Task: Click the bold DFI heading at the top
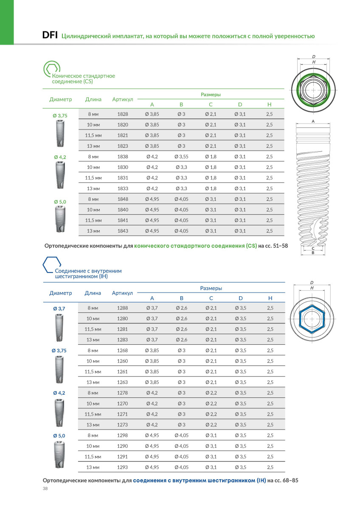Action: coord(51,35)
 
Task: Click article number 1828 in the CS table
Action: coord(123,114)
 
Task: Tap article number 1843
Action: coord(123,231)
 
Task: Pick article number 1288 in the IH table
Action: coord(123,308)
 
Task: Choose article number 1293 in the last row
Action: coord(123,467)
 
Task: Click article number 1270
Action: coord(123,403)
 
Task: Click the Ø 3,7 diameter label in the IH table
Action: coord(59,309)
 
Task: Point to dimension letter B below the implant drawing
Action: coord(313,253)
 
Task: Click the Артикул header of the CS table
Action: coord(123,99)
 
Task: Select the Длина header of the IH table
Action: coord(93,293)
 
